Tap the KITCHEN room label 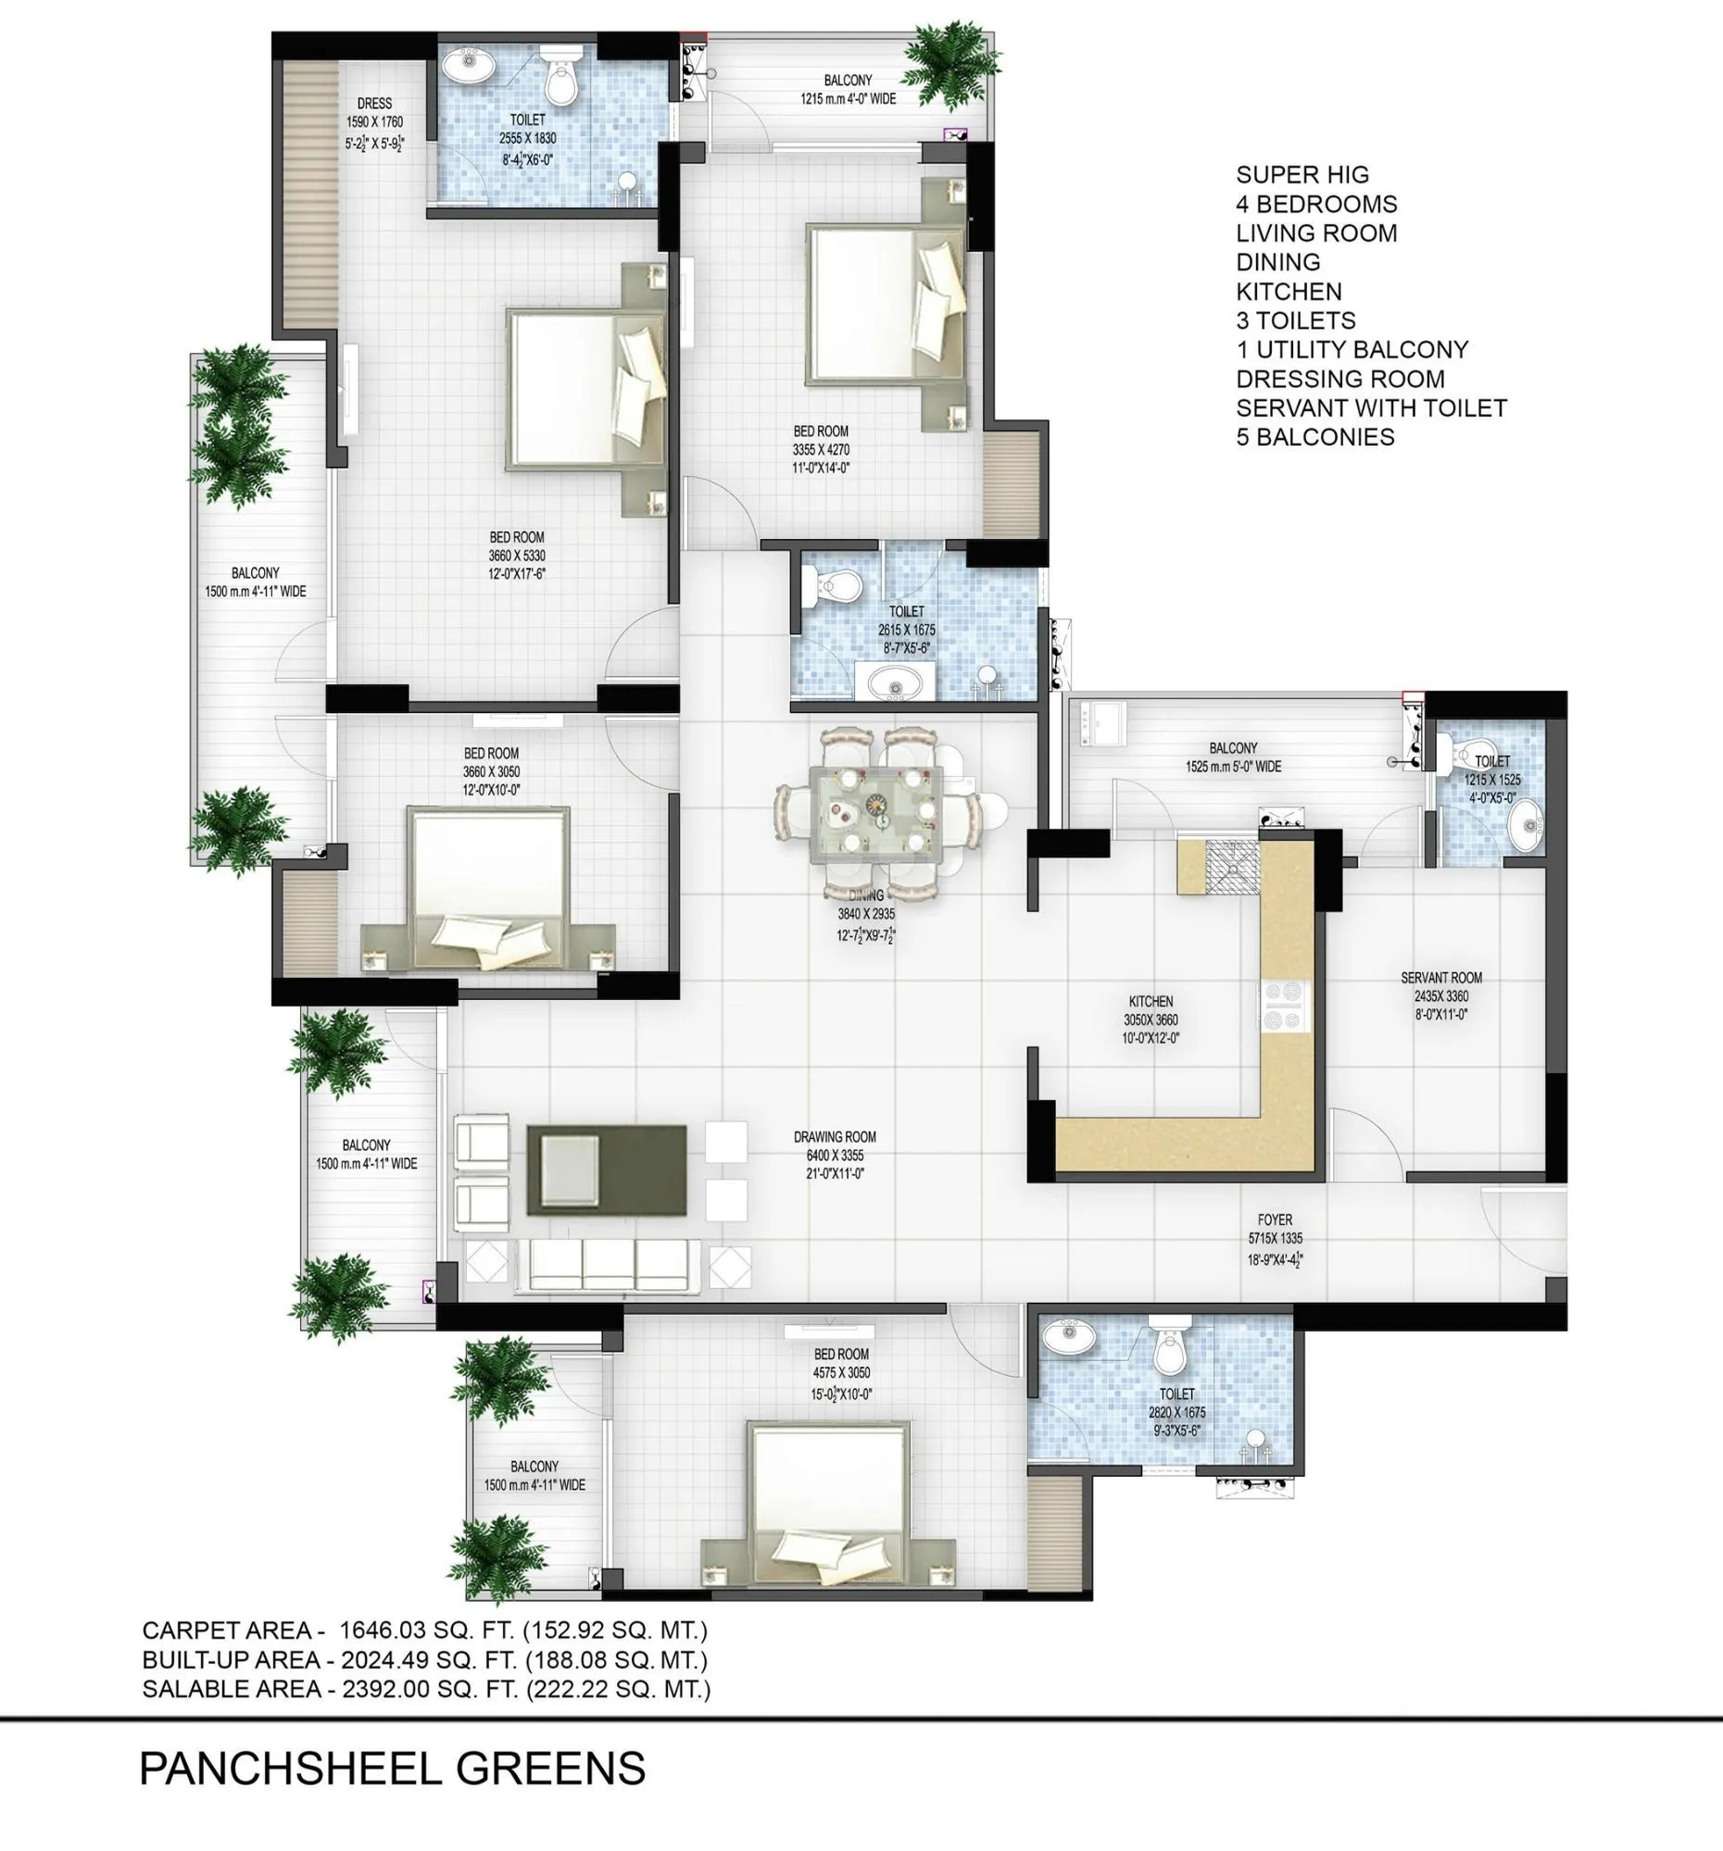tap(1151, 1001)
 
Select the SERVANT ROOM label tap(1440, 978)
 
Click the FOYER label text tap(1275, 1219)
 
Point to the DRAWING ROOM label tap(835, 1137)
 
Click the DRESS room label tap(374, 104)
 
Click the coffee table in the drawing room tap(607, 1169)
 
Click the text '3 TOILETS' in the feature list tap(1296, 320)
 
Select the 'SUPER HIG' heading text tap(1302, 175)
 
